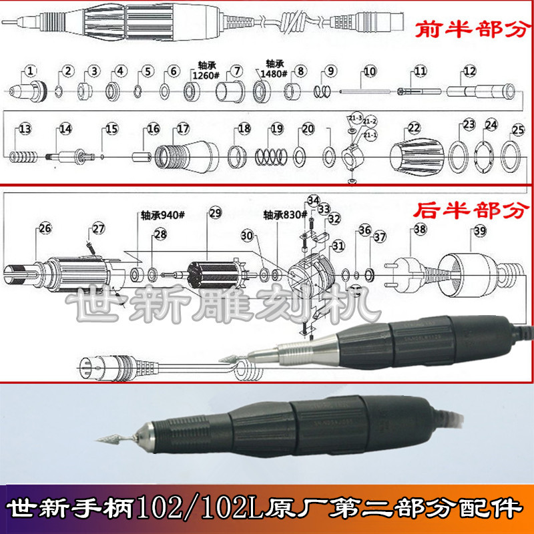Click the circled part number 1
click(31, 70)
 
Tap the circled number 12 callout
click(470, 70)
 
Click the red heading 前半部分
click(468, 30)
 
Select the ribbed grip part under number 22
click(416, 159)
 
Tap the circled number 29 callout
click(214, 214)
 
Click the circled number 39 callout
click(479, 230)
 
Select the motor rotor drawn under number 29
click(212, 274)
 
